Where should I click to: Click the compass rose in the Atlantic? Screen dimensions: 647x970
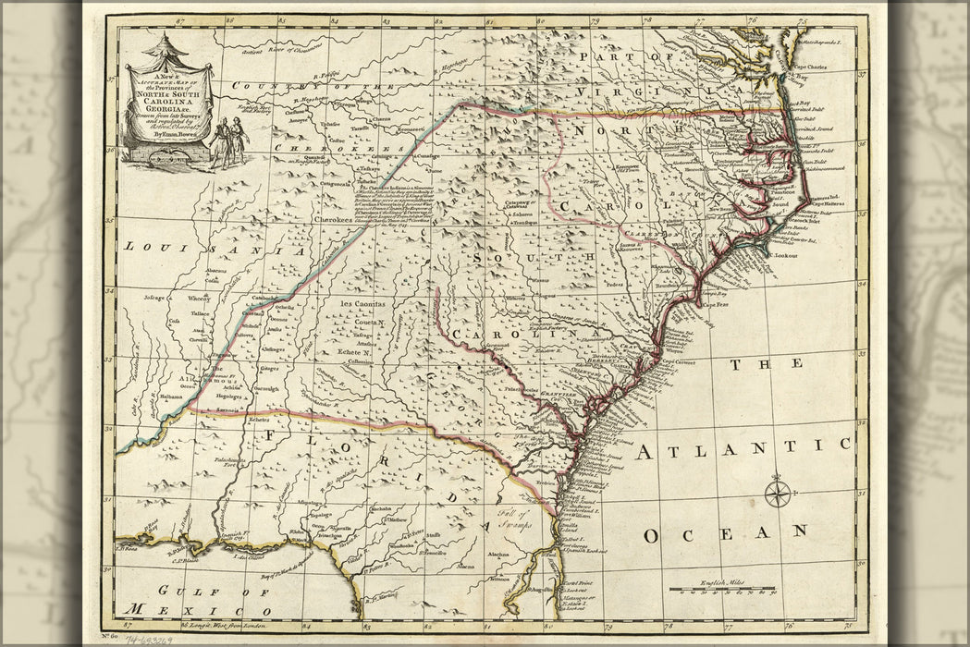point(779,491)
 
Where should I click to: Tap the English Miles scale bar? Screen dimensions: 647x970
point(722,588)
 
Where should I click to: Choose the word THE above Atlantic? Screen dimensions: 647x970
point(751,365)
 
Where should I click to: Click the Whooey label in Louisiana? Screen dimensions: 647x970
point(200,298)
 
